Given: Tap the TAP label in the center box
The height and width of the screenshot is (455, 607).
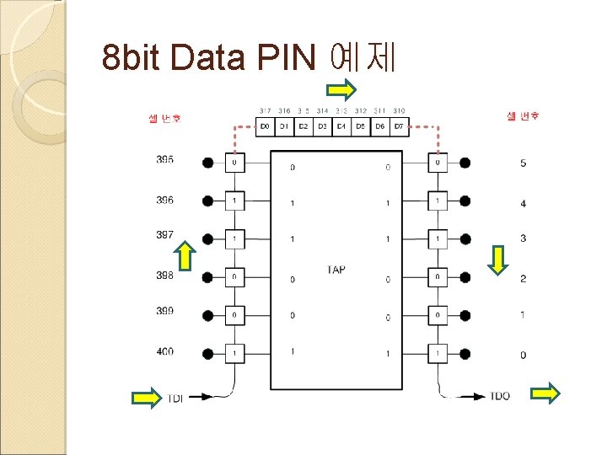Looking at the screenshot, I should (x=336, y=270).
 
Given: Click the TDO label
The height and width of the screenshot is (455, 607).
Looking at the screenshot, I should (x=498, y=395).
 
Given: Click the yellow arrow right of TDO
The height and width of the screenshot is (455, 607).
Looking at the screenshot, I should (x=546, y=392).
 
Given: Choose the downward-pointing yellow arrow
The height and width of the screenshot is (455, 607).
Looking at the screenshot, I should (x=499, y=260).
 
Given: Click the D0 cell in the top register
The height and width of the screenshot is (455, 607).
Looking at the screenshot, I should (x=265, y=126).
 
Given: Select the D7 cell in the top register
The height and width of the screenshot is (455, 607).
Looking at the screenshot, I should (x=399, y=126).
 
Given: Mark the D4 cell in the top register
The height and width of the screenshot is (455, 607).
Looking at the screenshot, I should (x=341, y=126).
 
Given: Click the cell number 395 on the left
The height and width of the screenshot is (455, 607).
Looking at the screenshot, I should (x=165, y=159).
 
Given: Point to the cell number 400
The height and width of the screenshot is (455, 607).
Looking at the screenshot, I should (x=165, y=351).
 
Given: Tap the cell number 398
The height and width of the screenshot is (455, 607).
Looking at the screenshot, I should (x=165, y=276).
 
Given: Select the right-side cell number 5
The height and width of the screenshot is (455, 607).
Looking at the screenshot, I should (x=523, y=163).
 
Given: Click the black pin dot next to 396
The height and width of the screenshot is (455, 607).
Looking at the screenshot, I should (x=208, y=201).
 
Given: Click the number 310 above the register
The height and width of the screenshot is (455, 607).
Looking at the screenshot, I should (x=399, y=111).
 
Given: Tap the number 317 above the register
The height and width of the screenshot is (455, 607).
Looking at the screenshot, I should (x=265, y=111).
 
